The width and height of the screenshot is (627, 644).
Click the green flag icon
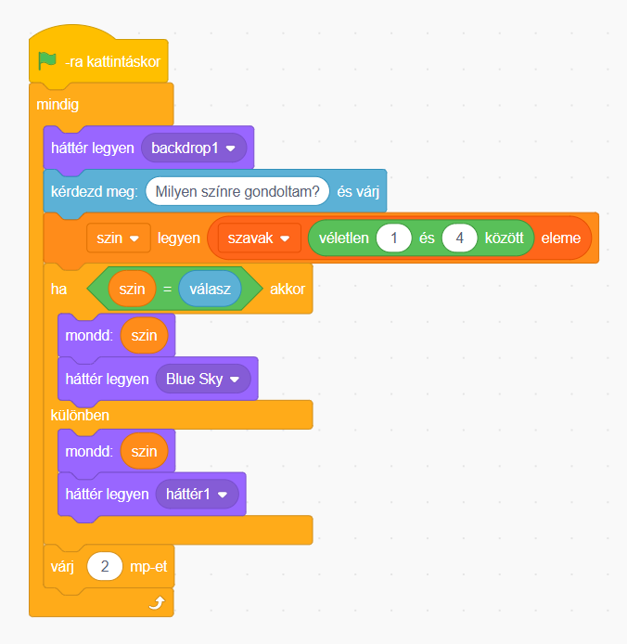[47, 61]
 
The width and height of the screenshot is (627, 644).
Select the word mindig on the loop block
[58, 105]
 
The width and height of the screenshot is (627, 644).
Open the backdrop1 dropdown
[194, 148]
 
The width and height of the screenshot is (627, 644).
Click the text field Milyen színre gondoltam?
[237, 191]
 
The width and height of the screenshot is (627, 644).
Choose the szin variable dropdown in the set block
[118, 238]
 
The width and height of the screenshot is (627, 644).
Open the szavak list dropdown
[259, 238]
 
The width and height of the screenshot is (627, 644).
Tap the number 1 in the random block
[394, 238]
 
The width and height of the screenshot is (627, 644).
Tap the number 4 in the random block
[459, 238]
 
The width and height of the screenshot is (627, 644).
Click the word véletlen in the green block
[344, 238]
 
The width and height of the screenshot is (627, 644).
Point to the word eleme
[561, 238]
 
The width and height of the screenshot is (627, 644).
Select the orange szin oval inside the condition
[133, 289]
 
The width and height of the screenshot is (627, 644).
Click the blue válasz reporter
[210, 289]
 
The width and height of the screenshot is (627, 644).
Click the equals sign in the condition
[167, 290]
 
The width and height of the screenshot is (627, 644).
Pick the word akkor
[288, 290]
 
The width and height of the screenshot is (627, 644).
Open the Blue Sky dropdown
[203, 379]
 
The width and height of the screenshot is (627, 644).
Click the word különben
[80, 415]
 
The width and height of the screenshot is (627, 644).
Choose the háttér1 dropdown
[197, 494]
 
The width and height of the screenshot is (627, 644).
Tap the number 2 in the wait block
[105, 566]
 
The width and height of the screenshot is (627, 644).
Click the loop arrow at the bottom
[157, 602]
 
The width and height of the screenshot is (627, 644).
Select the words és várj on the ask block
[358, 192]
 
